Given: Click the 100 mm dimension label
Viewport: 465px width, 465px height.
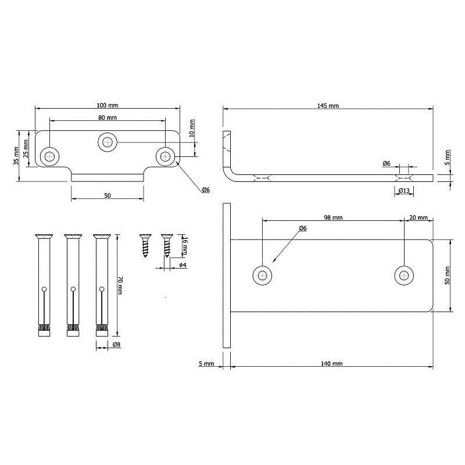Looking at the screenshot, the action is click(108, 105).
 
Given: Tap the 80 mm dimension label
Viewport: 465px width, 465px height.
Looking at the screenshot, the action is click(108, 117).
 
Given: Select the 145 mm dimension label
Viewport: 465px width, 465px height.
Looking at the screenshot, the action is click(328, 106).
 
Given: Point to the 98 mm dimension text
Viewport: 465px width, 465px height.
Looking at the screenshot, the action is click(333, 217).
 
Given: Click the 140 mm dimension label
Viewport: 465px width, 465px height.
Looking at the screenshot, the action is click(331, 363).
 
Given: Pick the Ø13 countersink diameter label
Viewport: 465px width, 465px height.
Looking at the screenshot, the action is click(404, 191).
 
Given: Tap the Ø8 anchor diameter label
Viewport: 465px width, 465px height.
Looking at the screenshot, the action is click(117, 344).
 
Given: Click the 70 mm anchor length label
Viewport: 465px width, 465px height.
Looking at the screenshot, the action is click(120, 285).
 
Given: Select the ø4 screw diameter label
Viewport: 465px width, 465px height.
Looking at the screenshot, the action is click(183, 265).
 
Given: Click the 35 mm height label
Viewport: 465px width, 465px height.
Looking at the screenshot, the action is click(16, 156).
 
